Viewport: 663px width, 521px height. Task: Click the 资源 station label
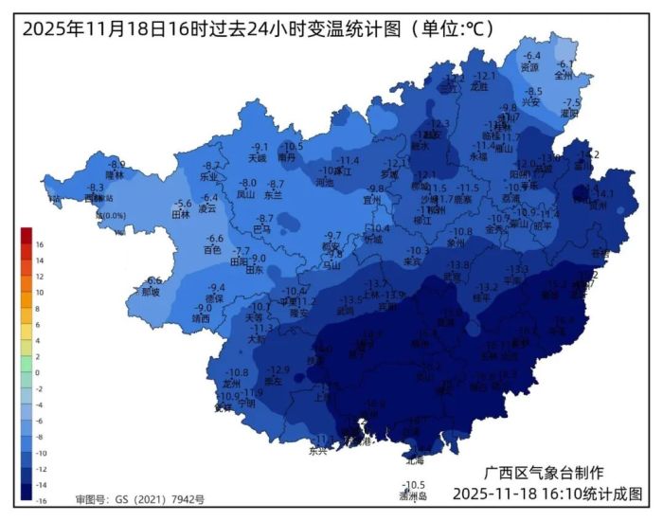[530, 67]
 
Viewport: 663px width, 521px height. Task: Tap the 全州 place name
[564, 74]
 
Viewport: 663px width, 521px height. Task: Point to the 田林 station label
[180, 214]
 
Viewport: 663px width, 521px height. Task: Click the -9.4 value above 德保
[217, 288]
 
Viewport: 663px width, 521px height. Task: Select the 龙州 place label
[232, 384]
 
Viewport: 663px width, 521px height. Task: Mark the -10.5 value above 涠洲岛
[415, 485]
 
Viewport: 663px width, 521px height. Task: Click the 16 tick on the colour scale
[39, 243]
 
